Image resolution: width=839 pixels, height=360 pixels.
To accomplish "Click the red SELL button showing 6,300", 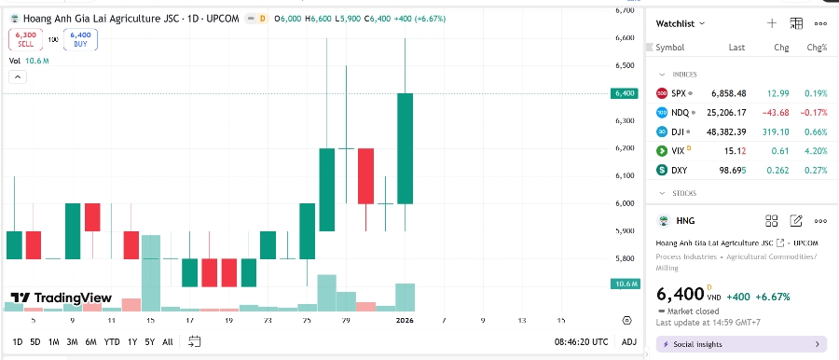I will click(25, 38).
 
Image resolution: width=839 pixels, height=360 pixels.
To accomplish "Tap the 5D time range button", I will click(34, 341).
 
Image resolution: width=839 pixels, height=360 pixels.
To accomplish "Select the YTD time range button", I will click(112, 341).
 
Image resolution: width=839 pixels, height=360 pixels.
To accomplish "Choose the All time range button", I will click(167, 341).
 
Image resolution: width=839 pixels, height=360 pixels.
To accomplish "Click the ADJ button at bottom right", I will click(629, 341).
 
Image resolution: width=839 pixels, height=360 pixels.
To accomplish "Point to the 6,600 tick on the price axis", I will click(624, 38).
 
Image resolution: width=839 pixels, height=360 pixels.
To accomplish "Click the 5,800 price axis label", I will click(624, 258).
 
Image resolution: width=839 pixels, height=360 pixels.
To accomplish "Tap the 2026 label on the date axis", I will click(405, 320).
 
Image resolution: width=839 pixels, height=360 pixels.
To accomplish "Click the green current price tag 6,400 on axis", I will click(624, 93).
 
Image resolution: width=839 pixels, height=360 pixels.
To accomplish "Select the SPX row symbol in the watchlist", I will click(679, 93).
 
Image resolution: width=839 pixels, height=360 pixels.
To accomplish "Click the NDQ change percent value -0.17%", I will click(816, 112).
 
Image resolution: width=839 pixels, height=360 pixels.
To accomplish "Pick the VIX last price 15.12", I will click(727, 150).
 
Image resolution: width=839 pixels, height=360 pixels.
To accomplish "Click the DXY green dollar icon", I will click(662, 170).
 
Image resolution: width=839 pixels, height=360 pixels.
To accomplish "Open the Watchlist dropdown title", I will click(681, 23).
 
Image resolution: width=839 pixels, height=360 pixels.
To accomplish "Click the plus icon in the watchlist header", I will click(771, 23).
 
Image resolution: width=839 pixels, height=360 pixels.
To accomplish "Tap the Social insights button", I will click(741, 344).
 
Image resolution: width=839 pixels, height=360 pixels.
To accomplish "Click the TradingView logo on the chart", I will click(61, 298).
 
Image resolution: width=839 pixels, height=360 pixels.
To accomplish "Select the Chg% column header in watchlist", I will click(817, 47).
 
